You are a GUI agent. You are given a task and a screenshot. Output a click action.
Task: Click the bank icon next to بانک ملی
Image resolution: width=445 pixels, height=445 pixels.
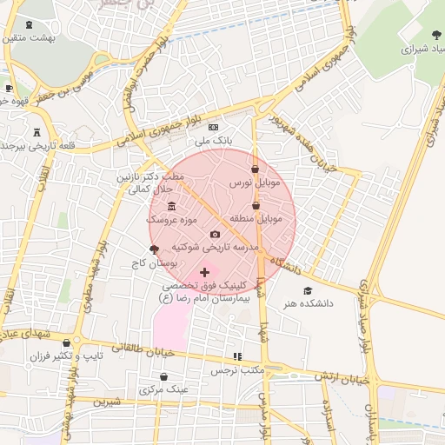point(213,127)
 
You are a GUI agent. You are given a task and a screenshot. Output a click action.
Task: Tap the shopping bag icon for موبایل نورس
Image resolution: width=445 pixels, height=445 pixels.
point(255,169)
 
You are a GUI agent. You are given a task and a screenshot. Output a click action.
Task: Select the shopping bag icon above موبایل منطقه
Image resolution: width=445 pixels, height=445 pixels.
point(256,205)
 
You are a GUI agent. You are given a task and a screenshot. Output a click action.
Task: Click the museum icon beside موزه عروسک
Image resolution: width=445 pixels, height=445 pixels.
point(170,206)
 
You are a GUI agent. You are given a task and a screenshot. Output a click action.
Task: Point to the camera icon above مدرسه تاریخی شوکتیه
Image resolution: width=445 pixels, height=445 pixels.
point(216,234)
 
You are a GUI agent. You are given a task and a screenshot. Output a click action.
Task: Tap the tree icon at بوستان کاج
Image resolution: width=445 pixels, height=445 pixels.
point(155,249)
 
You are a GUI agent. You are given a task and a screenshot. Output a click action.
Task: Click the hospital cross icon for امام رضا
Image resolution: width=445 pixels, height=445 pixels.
point(205,272)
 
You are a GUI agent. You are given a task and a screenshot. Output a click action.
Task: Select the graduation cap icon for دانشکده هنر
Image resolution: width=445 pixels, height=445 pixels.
point(307,290)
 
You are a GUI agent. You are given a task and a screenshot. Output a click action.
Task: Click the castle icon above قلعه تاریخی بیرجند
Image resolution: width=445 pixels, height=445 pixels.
point(37,132)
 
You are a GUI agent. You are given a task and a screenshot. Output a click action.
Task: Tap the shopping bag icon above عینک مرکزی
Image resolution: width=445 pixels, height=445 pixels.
point(164,377)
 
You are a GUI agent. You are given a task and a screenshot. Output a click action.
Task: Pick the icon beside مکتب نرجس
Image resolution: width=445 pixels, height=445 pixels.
point(236,356)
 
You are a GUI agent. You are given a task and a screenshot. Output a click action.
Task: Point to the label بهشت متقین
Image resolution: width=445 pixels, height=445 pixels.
point(35,37)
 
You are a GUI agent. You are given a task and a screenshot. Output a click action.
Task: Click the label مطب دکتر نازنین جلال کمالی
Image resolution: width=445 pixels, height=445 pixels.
point(151,183)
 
